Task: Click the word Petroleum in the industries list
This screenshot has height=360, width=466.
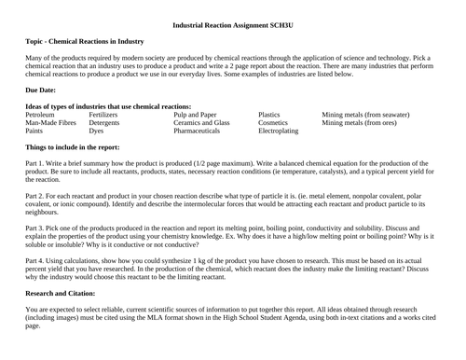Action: click(46, 114)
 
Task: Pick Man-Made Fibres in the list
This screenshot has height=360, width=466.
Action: click(52, 123)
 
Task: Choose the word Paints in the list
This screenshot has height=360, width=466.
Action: click(38, 132)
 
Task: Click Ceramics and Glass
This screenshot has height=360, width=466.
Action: click(201, 123)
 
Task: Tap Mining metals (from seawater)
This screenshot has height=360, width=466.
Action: click(365, 114)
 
